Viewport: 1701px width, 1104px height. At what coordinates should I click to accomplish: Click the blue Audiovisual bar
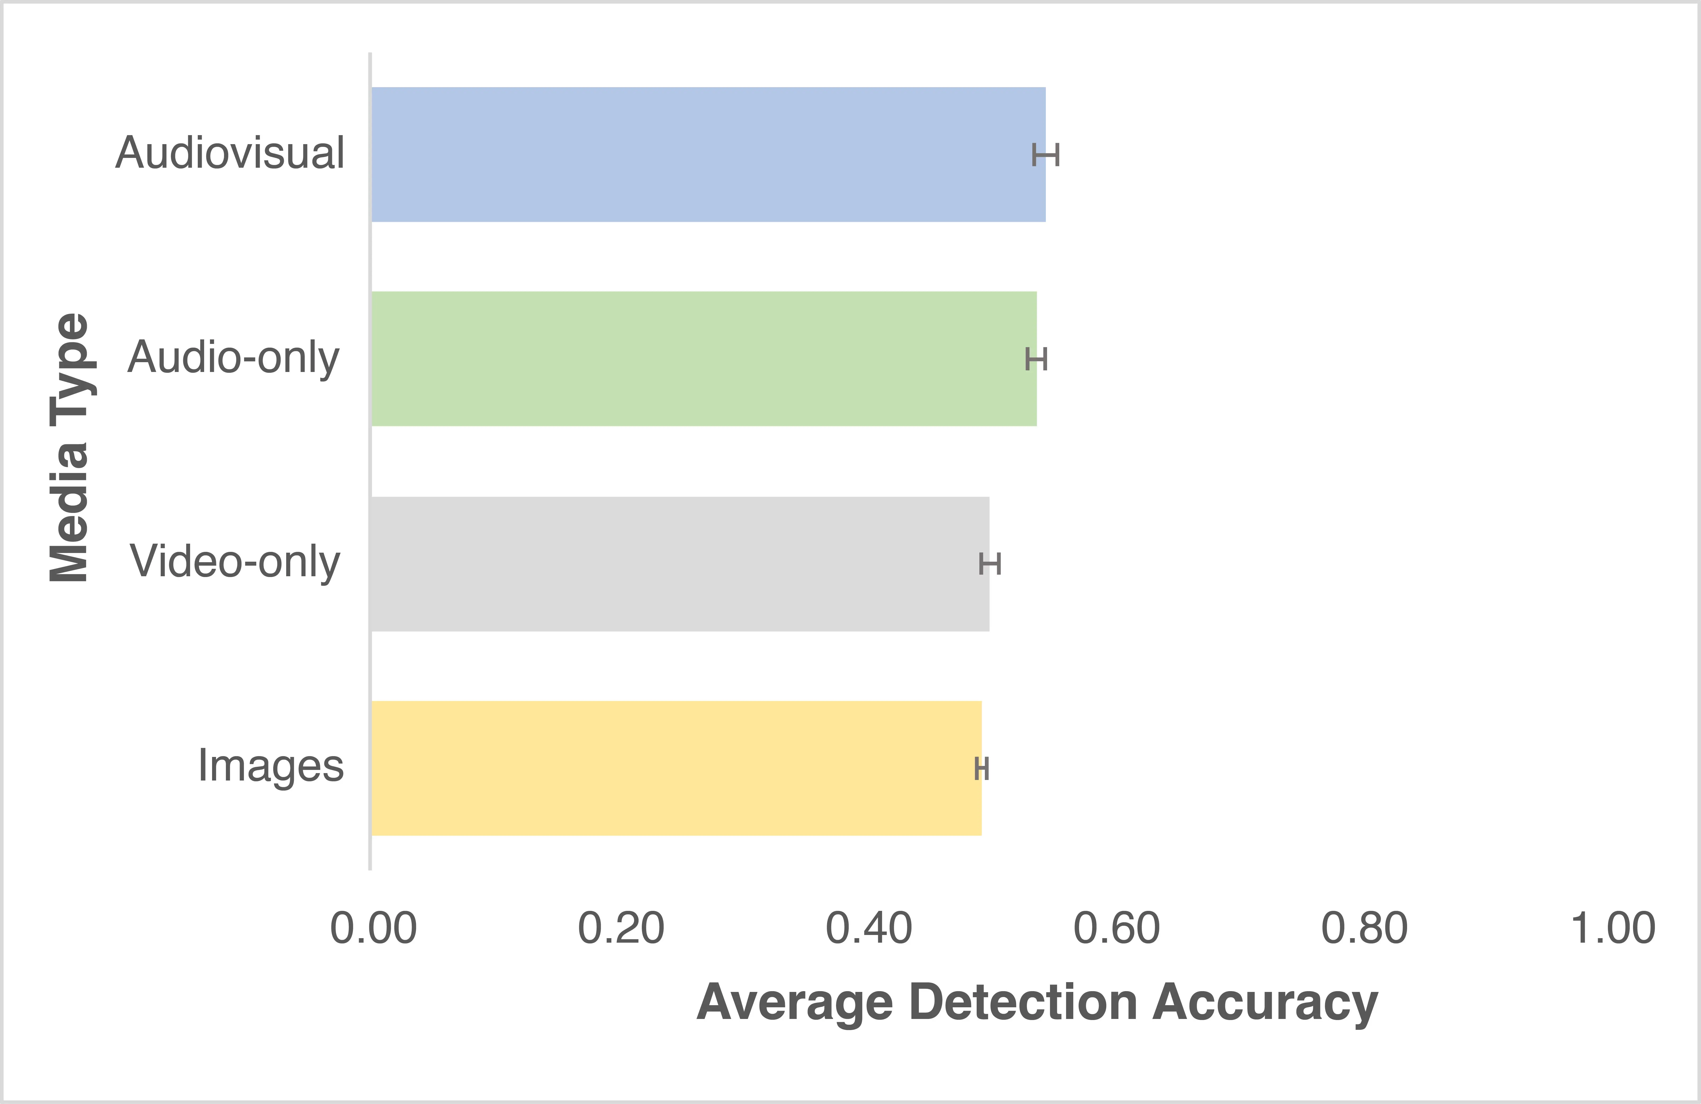coord(708,154)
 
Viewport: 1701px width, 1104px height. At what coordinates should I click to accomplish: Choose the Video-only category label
coord(234,562)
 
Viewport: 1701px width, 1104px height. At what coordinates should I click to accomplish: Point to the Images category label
coord(271,766)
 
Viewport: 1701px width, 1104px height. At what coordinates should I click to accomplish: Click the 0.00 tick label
coord(373,928)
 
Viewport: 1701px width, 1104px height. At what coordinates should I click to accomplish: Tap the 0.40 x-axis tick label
coord(868,928)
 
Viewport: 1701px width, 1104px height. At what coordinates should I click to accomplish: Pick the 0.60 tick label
coord(1116,928)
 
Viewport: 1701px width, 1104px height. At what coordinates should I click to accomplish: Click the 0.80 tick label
coord(1364,928)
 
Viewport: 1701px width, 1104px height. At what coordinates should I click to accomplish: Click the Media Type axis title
coord(69,447)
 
